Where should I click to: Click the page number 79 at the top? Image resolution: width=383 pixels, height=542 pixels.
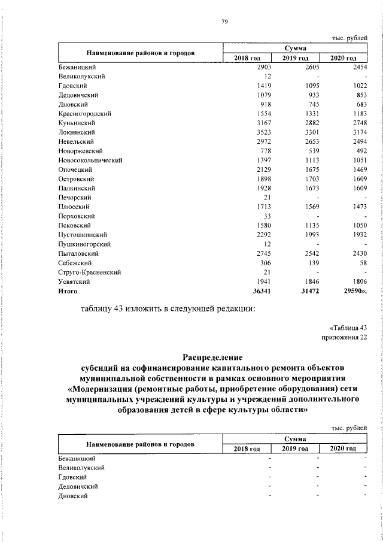(224, 22)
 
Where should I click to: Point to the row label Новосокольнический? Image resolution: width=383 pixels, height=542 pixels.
(90, 161)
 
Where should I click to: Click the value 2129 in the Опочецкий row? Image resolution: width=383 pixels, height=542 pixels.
(265, 169)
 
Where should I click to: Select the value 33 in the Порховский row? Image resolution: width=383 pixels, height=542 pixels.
(268, 216)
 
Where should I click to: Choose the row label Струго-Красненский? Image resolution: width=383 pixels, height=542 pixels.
(90, 272)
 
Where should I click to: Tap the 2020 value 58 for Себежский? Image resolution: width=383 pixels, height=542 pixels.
(360, 263)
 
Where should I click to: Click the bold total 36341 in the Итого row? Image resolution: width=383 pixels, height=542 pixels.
(262, 291)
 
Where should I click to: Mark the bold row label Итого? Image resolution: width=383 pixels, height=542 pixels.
(68, 291)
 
